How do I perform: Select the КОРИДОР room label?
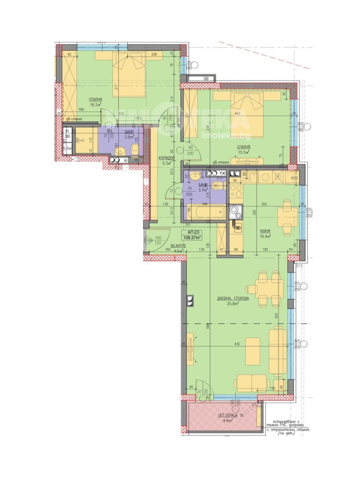[x=166, y=158]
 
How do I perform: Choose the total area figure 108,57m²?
[x=192, y=237]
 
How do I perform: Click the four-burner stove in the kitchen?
[x=235, y=191]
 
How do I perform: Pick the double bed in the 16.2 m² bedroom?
[x=129, y=74]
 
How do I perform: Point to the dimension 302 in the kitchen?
[x=264, y=204]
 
